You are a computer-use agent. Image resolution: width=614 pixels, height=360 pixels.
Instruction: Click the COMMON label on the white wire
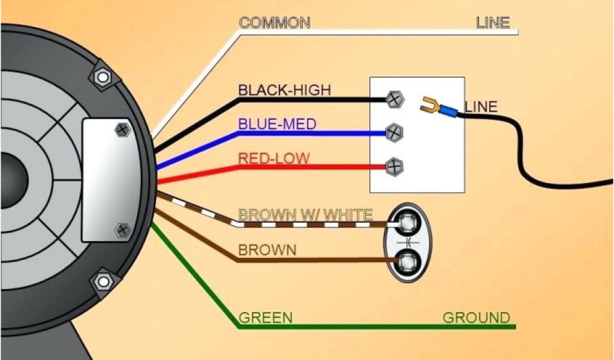pyautogui.click(x=274, y=23)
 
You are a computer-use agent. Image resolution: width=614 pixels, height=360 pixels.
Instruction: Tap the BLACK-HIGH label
pyautogui.click(x=284, y=90)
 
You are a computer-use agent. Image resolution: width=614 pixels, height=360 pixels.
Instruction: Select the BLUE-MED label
pyautogui.click(x=277, y=124)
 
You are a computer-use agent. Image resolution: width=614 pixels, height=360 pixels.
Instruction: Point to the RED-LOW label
pyautogui.click(x=274, y=158)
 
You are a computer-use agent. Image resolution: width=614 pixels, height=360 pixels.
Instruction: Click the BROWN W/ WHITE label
pyautogui.click(x=305, y=214)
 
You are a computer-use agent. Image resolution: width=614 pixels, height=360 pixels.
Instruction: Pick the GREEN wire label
pyautogui.click(x=265, y=317)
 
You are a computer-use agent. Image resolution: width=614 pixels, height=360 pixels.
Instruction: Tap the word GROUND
pyautogui.click(x=476, y=317)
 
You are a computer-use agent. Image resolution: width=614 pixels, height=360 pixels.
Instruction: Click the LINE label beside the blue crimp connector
pyautogui.click(x=481, y=107)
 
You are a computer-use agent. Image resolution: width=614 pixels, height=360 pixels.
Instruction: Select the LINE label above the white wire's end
pyautogui.click(x=492, y=23)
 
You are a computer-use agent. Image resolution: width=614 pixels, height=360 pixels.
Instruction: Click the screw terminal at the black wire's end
pyautogui.click(x=394, y=100)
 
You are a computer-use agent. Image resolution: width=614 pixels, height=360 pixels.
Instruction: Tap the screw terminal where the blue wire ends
pyautogui.click(x=394, y=131)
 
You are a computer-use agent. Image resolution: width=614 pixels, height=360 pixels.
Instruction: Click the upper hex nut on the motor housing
pyautogui.click(x=103, y=77)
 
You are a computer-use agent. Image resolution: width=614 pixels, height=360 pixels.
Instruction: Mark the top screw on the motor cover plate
pyautogui.click(x=122, y=129)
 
